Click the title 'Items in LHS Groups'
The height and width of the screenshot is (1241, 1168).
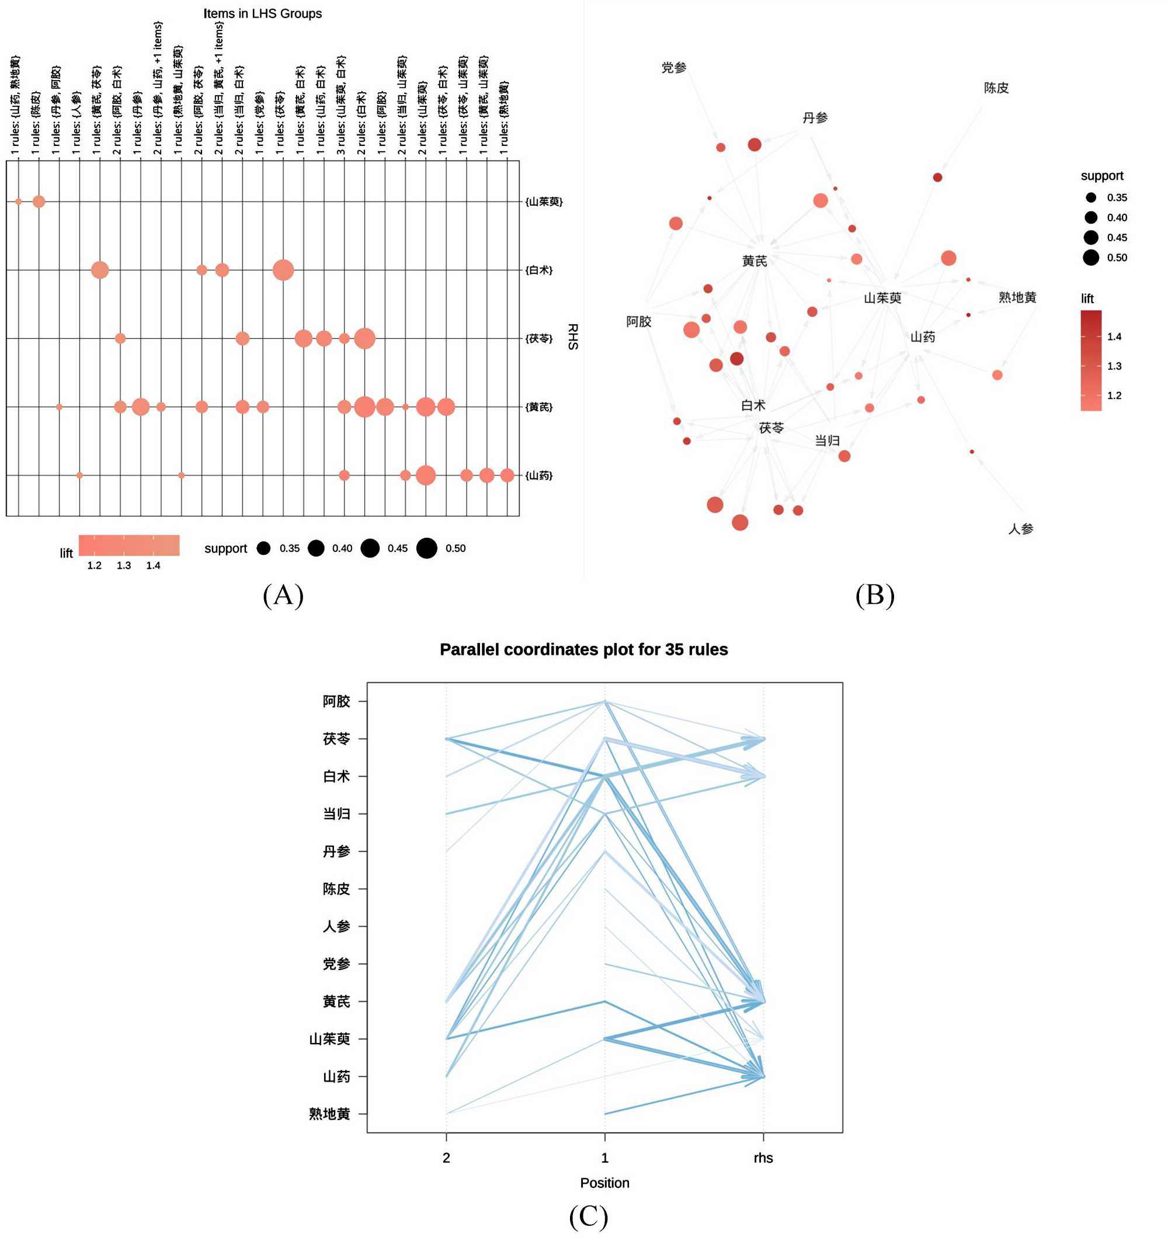(x=262, y=14)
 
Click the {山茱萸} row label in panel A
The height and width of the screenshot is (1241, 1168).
(x=544, y=201)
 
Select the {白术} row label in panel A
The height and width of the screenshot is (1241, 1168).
(x=539, y=270)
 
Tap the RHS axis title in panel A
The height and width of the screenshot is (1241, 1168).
(x=572, y=336)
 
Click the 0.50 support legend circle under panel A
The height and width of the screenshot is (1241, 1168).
(x=427, y=548)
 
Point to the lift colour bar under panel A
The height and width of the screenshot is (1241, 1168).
(x=128, y=545)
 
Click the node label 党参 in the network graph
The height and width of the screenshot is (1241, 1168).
(x=673, y=67)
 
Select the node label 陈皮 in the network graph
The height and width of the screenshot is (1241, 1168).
(x=996, y=88)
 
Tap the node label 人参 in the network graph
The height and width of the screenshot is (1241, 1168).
(x=1021, y=529)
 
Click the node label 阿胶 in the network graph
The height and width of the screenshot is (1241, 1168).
(x=639, y=321)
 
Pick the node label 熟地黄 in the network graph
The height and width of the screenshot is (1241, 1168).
(x=1017, y=297)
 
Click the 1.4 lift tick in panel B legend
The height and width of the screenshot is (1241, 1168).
(x=1114, y=336)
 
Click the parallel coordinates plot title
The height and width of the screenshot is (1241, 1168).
(x=583, y=649)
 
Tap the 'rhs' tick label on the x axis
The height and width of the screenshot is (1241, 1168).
(x=763, y=1158)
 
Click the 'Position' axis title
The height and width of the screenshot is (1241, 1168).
(x=604, y=1183)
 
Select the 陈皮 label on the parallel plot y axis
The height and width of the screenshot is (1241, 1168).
(x=336, y=889)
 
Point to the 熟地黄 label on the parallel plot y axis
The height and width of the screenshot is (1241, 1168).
(x=329, y=1114)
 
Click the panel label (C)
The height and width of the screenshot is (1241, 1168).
(x=588, y=1216)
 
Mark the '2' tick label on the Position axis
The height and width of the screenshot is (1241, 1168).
(x=446, y=1158)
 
